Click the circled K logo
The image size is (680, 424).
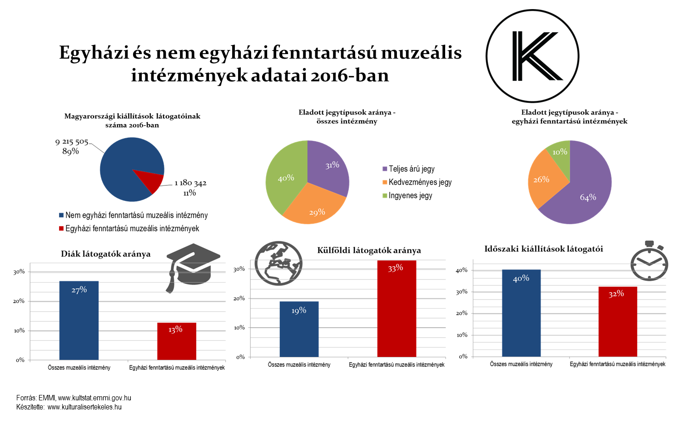(x=532, y=56)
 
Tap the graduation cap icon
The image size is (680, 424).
(x=193, y=266)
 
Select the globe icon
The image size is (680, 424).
(x=278, y=263)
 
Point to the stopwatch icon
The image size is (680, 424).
(x=650, y=262)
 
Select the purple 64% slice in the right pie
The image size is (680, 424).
(x=586, y=191)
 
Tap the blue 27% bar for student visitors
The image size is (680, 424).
(x=79, y=320)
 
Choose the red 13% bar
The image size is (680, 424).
(x=177, y=341)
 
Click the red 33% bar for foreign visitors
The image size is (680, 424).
(x=397, y=309)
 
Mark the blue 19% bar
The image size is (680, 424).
(x=299, y=329)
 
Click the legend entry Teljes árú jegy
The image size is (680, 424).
(x=411, y=169)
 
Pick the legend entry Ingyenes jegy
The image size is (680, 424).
(x=410, y=196)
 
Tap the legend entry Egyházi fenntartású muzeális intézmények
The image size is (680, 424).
(x=132, y=229)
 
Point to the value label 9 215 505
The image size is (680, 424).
(x=72, y=142)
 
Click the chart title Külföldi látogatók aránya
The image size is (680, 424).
(x=369, y=250)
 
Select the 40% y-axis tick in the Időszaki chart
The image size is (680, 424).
(x=462, y=270)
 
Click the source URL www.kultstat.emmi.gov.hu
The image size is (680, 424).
(x=94, y=398)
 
